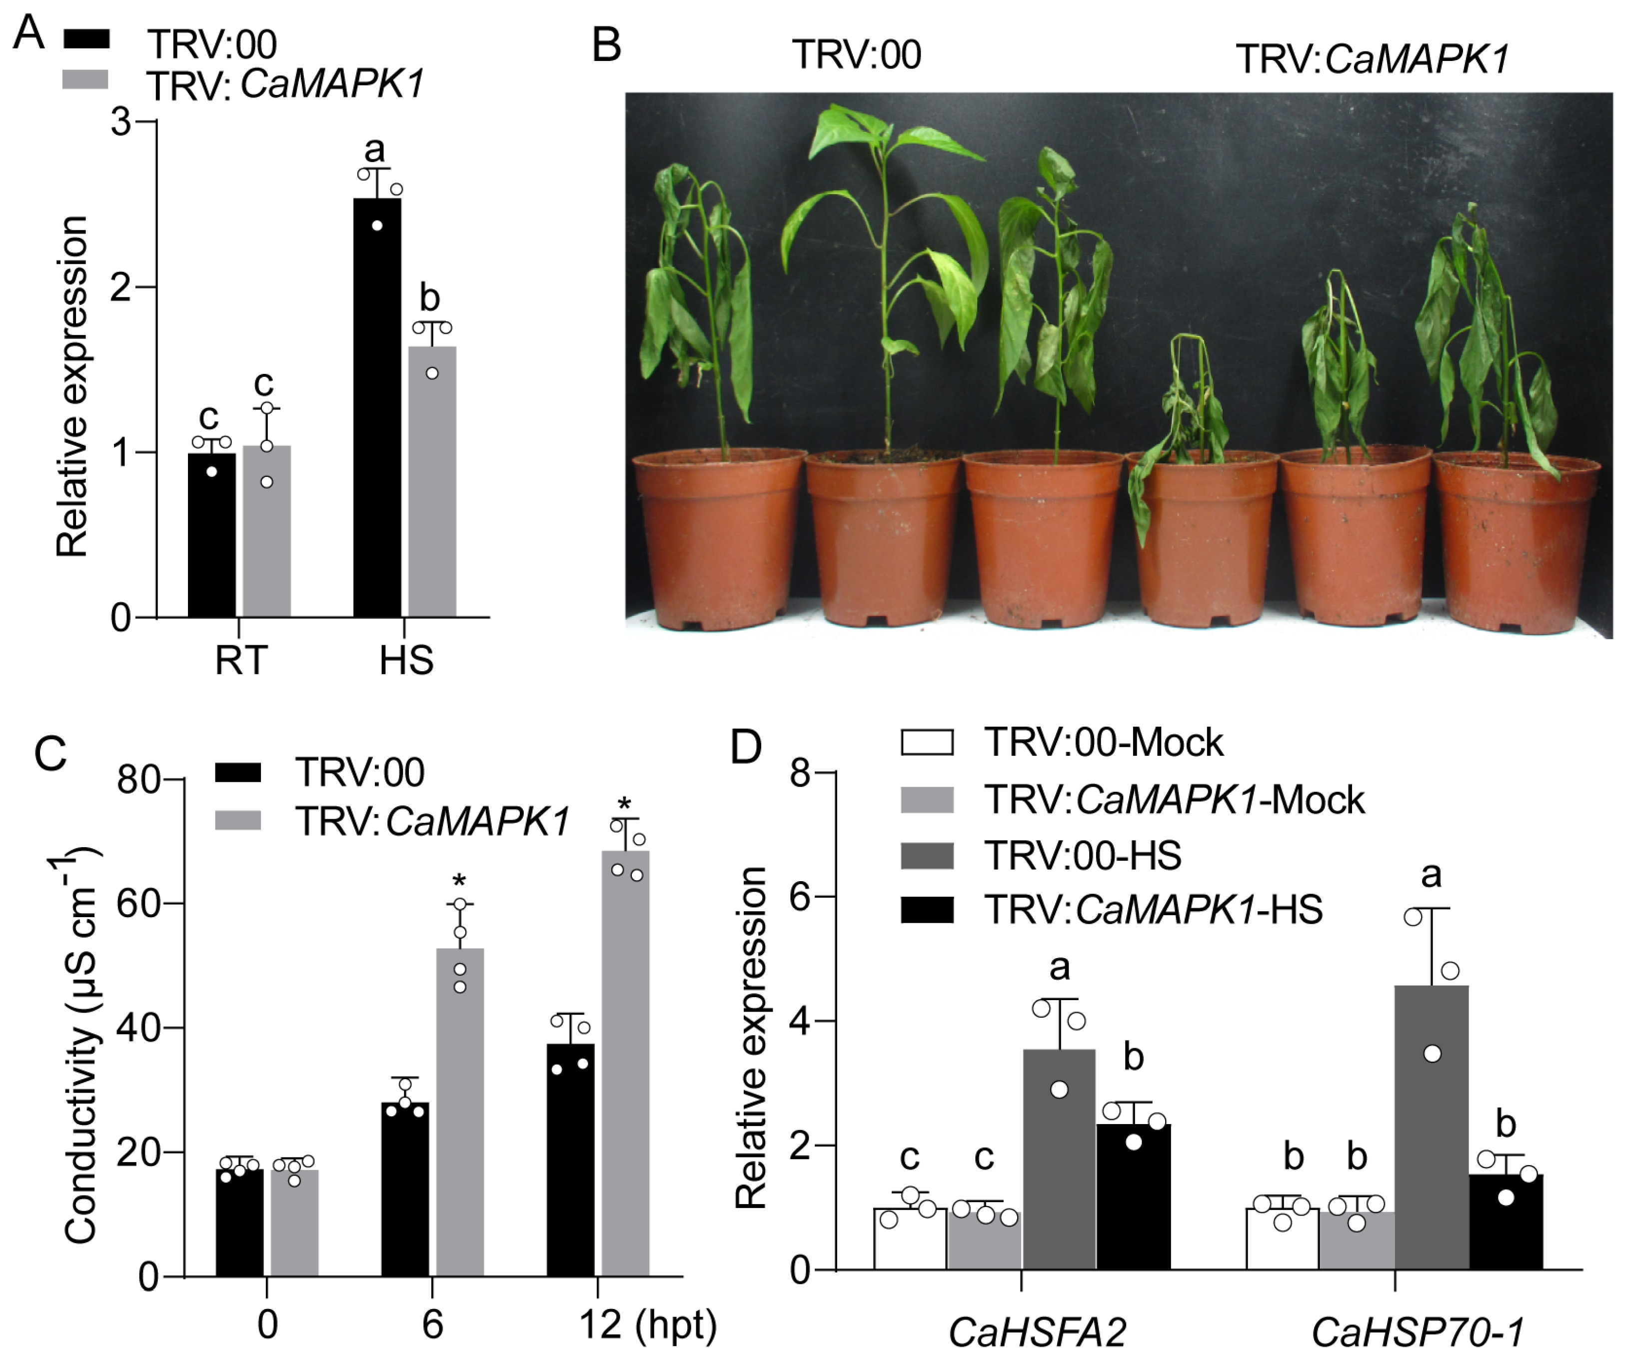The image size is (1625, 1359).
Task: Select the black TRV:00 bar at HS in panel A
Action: point(377,410)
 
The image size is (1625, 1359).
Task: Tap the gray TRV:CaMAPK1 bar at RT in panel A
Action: point(266,534)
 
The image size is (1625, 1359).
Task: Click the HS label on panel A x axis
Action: point(405,660)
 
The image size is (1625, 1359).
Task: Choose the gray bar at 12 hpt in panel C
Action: point(625,1068)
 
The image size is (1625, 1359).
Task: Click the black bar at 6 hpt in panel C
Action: point(405,1192)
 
